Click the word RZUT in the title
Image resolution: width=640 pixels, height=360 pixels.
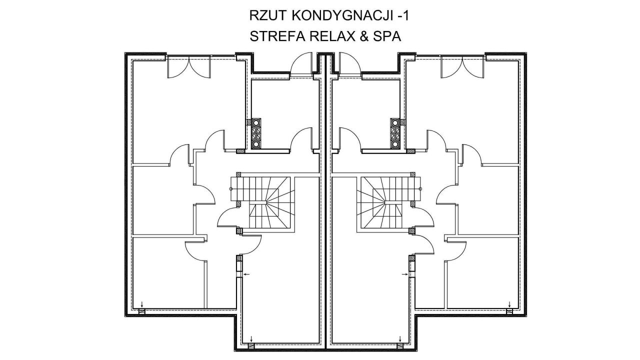coord(265,15)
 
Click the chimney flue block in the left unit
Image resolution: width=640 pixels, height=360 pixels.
coord(256,133)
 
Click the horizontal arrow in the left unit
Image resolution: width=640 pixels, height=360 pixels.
coord(246,274)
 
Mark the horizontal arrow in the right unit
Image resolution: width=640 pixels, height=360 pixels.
coord(404,274)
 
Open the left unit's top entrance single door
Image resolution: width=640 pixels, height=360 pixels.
coord(302,64)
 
